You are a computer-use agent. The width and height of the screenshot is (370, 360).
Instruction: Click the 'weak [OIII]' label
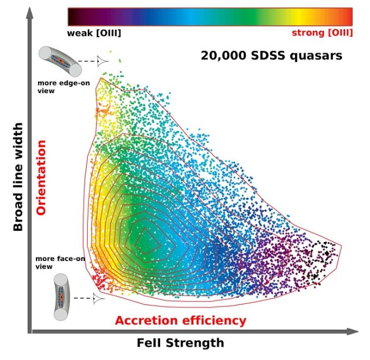coord(94,32)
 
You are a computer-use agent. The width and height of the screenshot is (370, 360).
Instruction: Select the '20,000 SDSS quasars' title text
coord(271,56)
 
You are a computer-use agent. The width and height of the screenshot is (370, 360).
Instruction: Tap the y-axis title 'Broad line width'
coord(18,177)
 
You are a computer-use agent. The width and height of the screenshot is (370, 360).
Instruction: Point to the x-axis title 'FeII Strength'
coord(180,343)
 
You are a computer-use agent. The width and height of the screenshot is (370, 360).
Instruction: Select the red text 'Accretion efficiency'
coord(180,320)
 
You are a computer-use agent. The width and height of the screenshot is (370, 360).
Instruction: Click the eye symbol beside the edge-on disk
coord(102,61)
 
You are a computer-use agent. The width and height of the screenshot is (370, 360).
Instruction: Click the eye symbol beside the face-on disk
coord(100,298)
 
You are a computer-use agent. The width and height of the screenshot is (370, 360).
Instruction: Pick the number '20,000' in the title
coord(220,56)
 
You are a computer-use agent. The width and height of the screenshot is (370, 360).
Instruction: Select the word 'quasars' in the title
coord(317,56)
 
